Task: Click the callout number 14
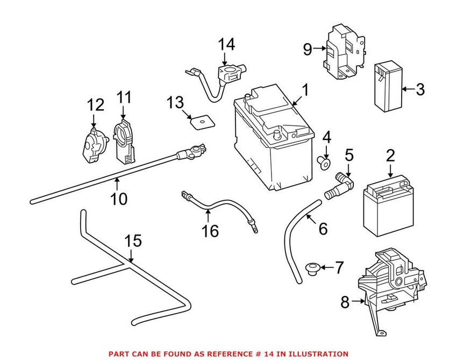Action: pyautogui.click(x=226, y=45)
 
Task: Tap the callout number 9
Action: pyautogui.click(x=307, y=50)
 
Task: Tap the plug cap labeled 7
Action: pyautogui.click(x=311, y=267)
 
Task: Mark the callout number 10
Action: pyautogui.click(x=119, y=199)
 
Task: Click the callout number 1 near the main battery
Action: pyautogui.click(x=305, y=90)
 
